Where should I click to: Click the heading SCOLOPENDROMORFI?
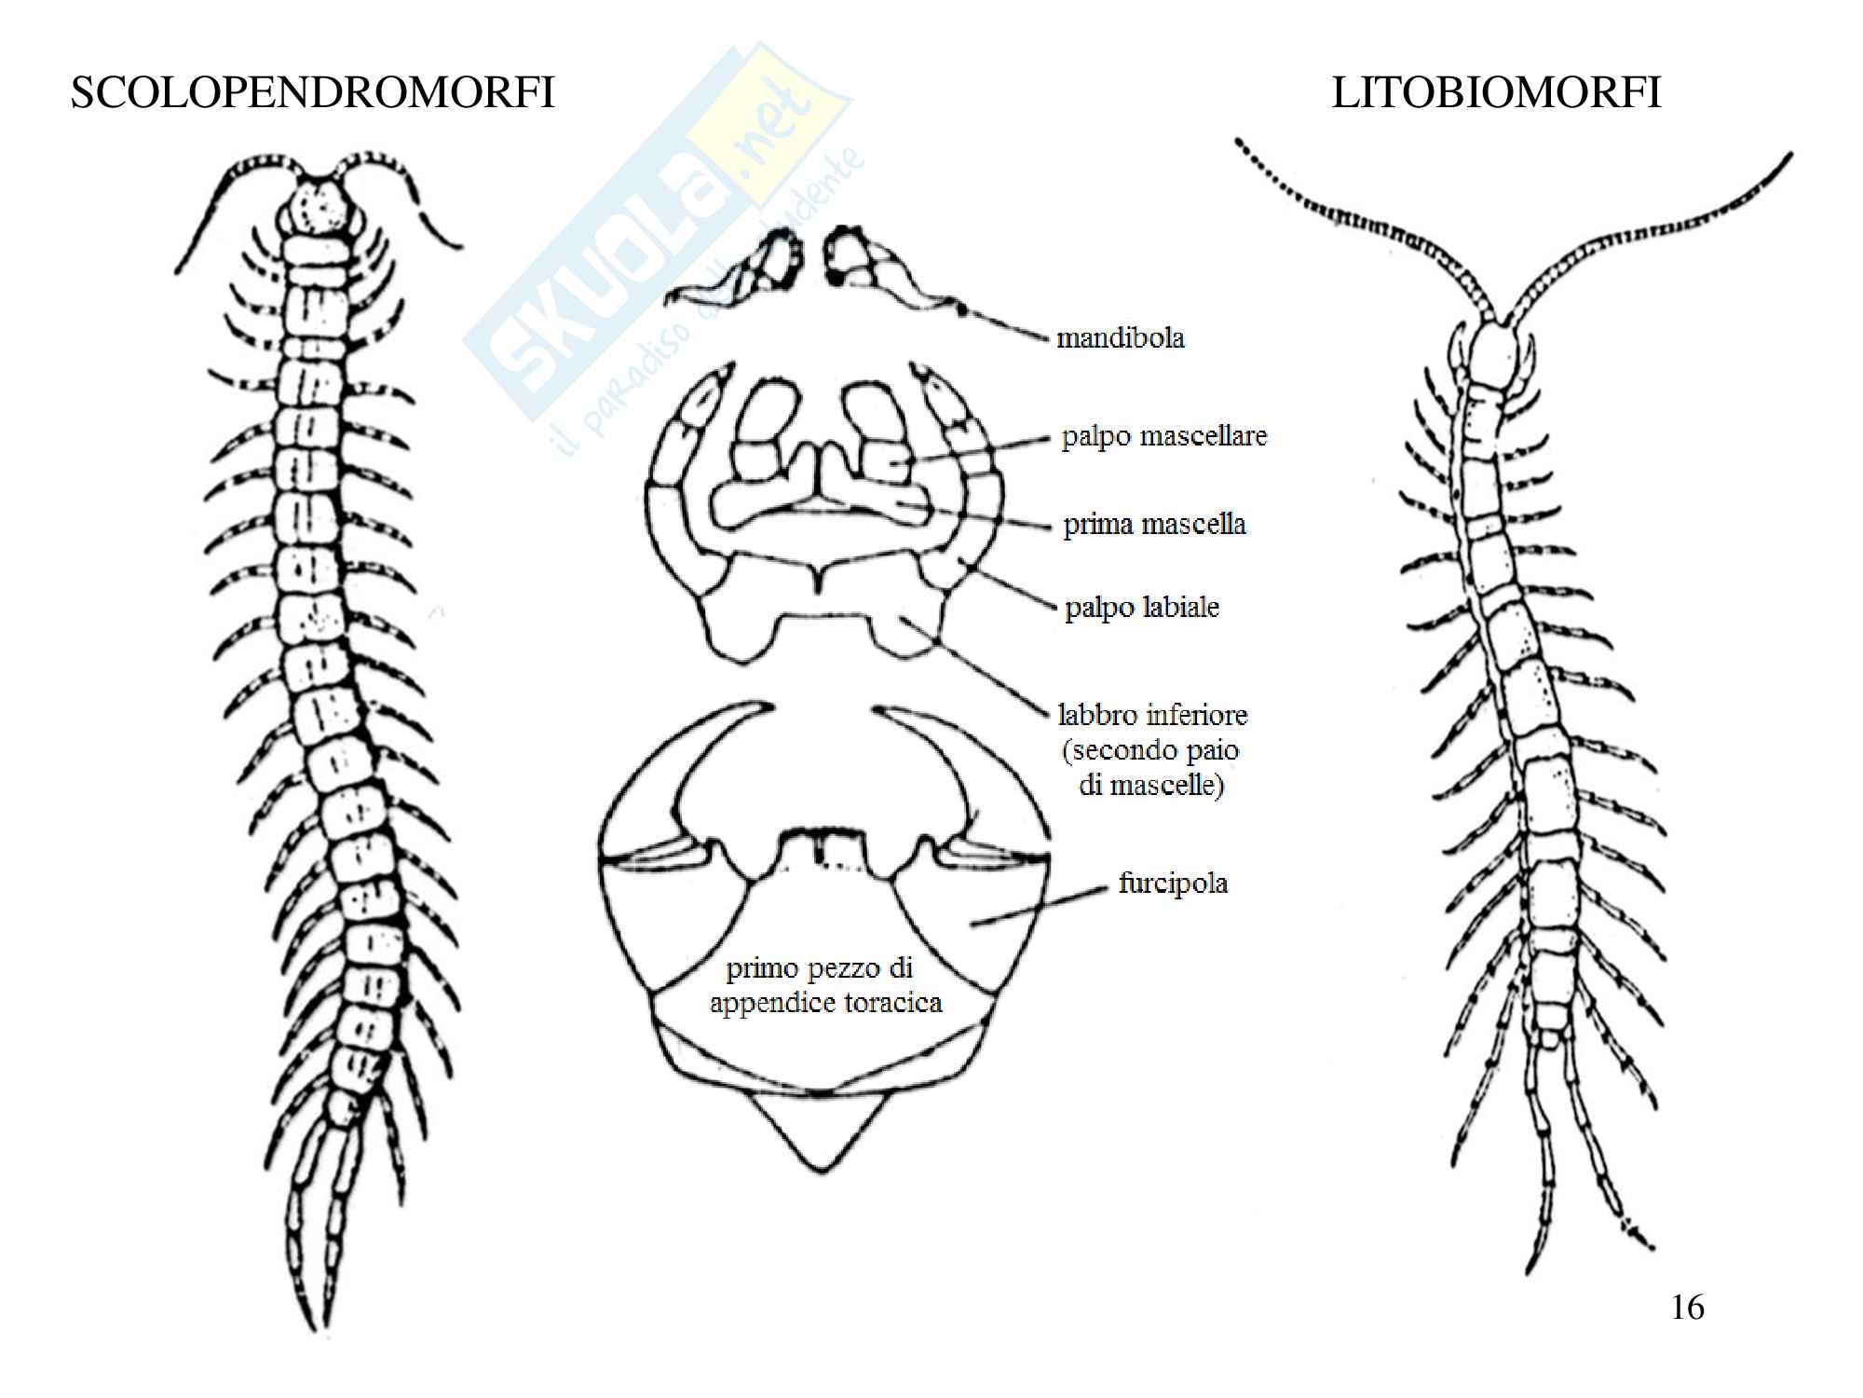[x=312, y=93]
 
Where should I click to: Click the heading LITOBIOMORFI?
[x=1496, y=93]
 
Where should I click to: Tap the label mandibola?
[x=1120, y=337]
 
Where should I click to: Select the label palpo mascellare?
[x=1163, y=435]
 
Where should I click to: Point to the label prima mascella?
[x=1154, y=524]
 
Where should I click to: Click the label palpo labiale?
[x=1142, y=607]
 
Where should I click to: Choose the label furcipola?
[x=1173, y=883]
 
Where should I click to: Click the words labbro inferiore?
[x=1152, y=715]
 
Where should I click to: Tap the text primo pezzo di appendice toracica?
[x=824, y=985]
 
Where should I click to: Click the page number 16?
[x=1687, y=1308]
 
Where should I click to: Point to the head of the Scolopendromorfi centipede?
[x=321, y=205]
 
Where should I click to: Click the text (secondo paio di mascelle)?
[x=1151, y=767]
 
